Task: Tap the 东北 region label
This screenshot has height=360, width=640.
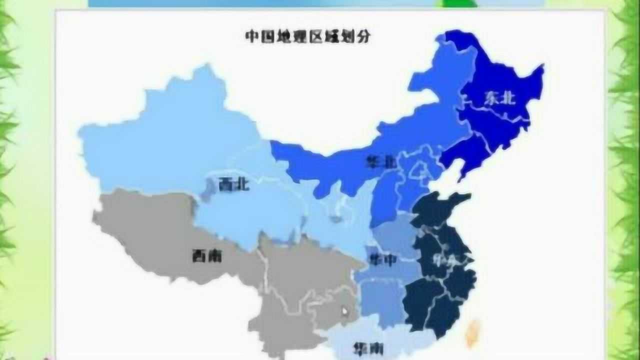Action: [499, 98]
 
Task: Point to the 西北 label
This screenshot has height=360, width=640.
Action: [234, 185]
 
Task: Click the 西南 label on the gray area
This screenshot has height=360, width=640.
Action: [206, 256]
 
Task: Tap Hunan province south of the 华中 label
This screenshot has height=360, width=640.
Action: [380, 300]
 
